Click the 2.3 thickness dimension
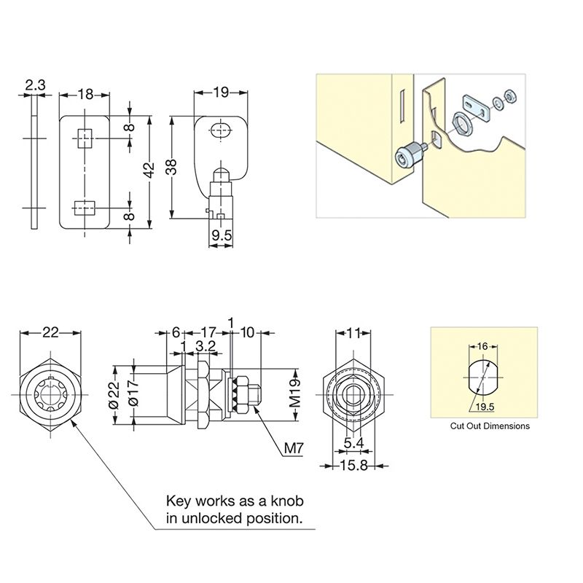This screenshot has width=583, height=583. click(x=35, y=85)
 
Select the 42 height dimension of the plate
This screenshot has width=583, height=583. click(x=149, y=171)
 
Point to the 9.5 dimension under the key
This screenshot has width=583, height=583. click(x=222, y=235)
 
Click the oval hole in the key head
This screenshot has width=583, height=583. click(x=220, y=131)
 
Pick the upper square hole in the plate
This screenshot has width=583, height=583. click(x=85, y=137)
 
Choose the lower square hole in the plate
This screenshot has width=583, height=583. click(x=85, y=207)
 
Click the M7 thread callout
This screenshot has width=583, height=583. click(x=292, y=448)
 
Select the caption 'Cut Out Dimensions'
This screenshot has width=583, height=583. click(x=490, y=426)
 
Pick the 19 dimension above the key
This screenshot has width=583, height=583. click(x=221, y=92)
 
